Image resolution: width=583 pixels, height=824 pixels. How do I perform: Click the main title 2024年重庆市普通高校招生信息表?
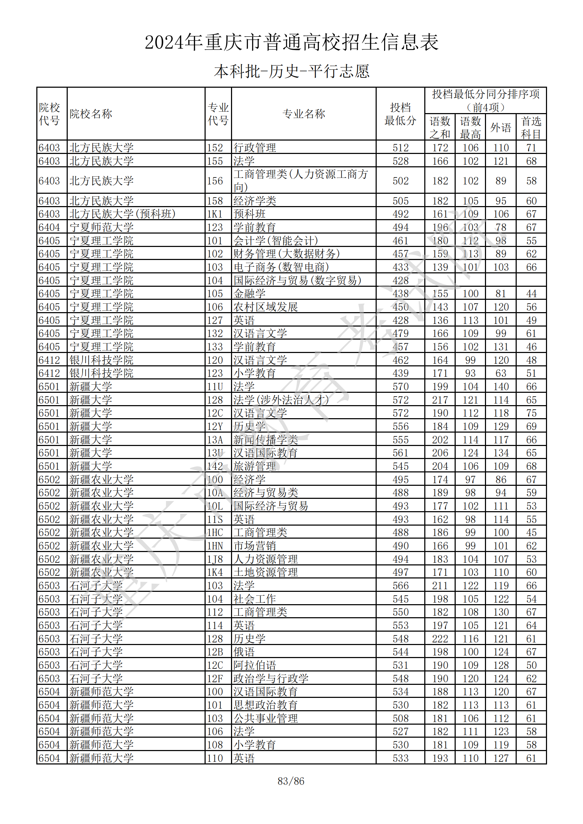(x=291, y=42)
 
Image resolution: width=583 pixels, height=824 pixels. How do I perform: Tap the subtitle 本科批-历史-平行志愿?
(x=291, y=71)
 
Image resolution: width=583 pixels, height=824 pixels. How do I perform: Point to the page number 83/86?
(x=291, y=781)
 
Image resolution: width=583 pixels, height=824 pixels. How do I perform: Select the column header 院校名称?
(x=91, y=114)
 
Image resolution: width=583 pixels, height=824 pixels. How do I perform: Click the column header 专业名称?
(x=304, y=114)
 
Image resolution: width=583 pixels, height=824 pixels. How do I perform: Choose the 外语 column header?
(x=500, y=128)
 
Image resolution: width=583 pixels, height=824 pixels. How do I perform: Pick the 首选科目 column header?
(x=531, y=128)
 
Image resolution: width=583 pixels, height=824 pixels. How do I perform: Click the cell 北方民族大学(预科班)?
(x=122, y=214)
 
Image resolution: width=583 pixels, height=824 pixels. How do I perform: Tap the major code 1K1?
(x=215, y=214)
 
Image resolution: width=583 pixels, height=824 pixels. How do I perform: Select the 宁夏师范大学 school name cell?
(x=101, y=227)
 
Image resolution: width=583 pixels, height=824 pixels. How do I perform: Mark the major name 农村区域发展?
(x=266, y=307)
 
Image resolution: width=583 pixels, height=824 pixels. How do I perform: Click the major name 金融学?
(x=249, y=293)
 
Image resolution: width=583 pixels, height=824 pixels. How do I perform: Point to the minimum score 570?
(x=400, y=386)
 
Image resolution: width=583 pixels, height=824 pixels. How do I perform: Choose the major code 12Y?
(x=215, y=426)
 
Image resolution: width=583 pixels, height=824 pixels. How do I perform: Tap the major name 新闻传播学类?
(x=266, y=440)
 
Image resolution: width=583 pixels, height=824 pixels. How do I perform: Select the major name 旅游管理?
(x=255, y=466)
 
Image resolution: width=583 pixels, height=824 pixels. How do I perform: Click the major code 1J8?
(x=215, y=559)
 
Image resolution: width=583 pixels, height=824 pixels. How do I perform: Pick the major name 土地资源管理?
(x=266, y=572)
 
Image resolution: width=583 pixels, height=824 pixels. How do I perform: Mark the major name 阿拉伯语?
(x=255, y=665)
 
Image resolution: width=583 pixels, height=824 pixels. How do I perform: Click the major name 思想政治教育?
(x=266, y=705)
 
